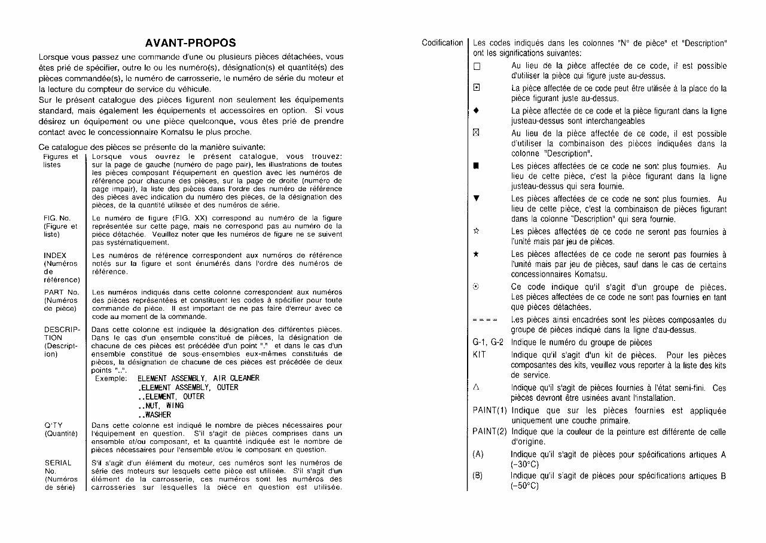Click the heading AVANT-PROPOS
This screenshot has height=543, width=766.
coord(190,43)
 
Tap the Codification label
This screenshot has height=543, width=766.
coord(442,43)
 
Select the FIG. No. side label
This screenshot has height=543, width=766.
coord(57,219)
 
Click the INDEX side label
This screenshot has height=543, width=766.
coord(55,256)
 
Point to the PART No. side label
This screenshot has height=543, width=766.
coord(62,292)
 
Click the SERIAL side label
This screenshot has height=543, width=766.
coord(58,462)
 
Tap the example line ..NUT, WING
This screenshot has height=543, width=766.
coord(160,406)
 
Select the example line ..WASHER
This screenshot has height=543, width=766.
coord(154,415)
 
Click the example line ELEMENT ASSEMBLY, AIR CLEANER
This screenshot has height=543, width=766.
coord(198,378)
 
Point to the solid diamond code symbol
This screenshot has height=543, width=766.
coord(477,111)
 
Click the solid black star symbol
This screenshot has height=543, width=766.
coord(477,254)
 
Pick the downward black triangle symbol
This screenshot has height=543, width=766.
coord(477,198)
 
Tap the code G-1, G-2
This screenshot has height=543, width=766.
coord(487,342)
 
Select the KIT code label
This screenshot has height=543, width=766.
coord(479,355)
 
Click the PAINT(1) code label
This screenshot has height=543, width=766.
coord(490,410)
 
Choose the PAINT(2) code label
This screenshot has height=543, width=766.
coord(490,431)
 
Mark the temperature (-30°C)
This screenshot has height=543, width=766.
coord(525,465)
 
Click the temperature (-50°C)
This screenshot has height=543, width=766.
coord(525,486)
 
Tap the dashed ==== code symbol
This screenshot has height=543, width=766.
coord(484,320)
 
